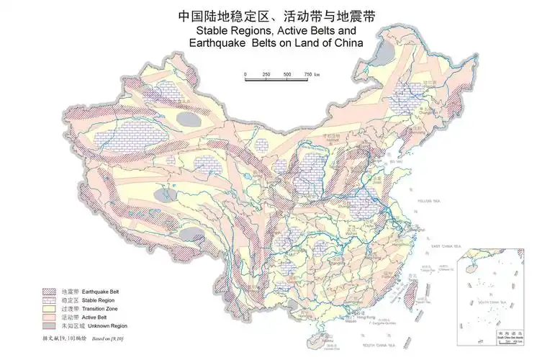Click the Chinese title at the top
(x=268, y=16)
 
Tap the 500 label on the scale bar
(x=286, y=75)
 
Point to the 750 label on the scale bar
(x=308, y=75)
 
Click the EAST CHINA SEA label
(x=446, y=247)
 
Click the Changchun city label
(x=428, y=112)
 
